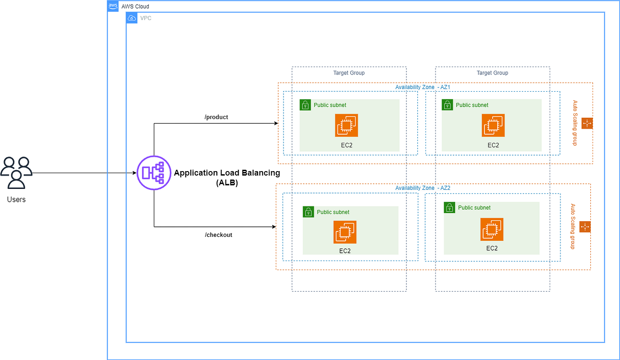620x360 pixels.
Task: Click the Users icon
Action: pos(16,172)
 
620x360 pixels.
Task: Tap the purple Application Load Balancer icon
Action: pos(153,173)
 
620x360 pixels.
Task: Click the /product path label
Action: pos(216,117)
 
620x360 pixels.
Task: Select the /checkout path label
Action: pos(219,235)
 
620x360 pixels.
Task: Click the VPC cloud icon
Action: pos(131,18)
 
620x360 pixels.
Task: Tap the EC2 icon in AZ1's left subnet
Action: pos(347,125)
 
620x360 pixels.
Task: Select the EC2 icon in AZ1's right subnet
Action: pos(493,125)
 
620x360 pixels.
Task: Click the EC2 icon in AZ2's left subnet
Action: pos(345,232)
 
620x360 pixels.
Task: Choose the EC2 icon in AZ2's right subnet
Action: pos(492,229)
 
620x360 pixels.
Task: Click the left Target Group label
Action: pos(349,73)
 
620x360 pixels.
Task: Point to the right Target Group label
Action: pos(492,73)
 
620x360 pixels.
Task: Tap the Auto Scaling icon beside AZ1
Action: pos(587,123)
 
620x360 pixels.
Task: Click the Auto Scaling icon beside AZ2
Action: pos(585,227)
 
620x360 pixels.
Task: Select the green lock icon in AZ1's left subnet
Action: pos(305,105)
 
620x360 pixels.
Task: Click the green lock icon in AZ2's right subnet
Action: pos(449,208)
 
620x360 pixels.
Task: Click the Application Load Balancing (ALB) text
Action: pos(227,177)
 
